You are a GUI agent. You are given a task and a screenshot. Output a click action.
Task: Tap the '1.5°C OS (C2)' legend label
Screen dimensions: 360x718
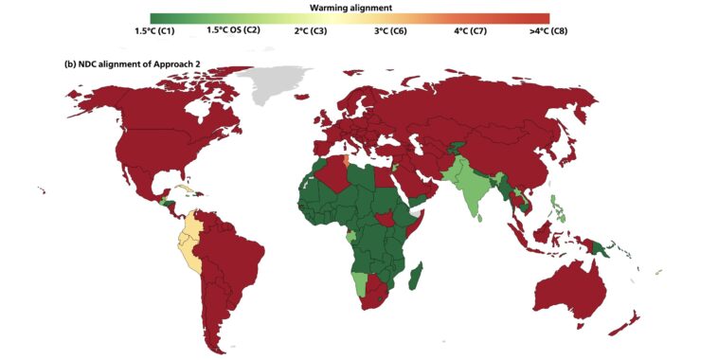pos(233,30)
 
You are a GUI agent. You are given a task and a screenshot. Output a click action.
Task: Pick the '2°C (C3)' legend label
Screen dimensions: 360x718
pos(308,30)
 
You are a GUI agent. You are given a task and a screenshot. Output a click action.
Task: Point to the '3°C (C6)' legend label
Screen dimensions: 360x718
pos(386,30)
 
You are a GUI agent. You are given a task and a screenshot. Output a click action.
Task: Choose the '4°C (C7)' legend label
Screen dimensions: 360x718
pos(465,30)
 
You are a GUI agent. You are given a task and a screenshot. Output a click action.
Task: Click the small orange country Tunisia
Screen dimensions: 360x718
pos(345,158)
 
